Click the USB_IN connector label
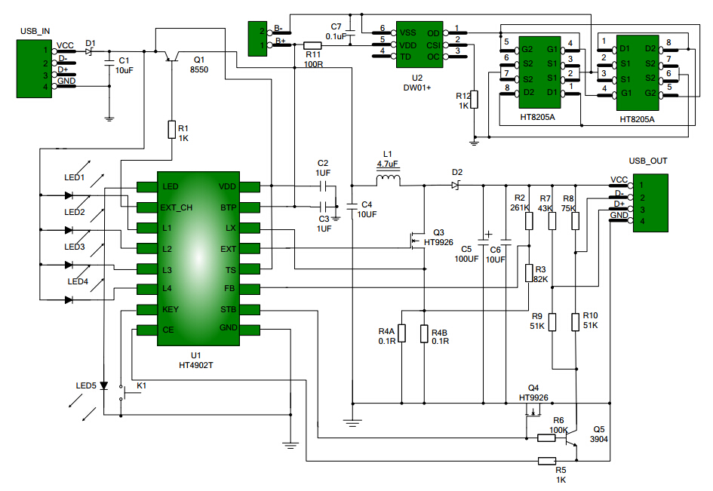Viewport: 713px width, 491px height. pyautogui.click(x=35, y=32)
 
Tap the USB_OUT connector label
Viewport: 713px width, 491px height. pyautogui.click(x=647, y=161)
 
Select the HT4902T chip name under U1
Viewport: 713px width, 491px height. pyautogui.click(x=196, y=364)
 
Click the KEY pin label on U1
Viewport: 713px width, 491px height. pyautogui.click(x=171, y=309)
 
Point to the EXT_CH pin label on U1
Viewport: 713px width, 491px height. pyautogui.click(x=177, y=207)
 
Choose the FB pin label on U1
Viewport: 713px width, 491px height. pyautogui.click(x=229, y=289)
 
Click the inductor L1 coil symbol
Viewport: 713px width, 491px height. pyautogui.click(x=389, y=180)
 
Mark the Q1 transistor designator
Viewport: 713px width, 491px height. pyautogui.click(x=199, y=60)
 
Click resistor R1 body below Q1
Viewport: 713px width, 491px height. pyautogui.click(x=172, y=129)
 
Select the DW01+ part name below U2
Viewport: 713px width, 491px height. pyautogui.click(x=417, y=87)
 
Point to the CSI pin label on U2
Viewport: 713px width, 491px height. pyautogui.click(x=433, y=44)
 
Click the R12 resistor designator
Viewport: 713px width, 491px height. pyautogui.click(x=463, y=96)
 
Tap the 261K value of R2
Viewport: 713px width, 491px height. pyautogui.click(x=520, y=207)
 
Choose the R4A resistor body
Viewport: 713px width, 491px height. pyautogui.click(x=401, y=333)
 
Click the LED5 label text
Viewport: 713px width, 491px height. pyautogui.click(x=86, y=386)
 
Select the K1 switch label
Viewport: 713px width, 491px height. pyautogui.click(x=141, y=386)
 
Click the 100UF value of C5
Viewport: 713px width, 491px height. pyautogui.click(x=466, y=259)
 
